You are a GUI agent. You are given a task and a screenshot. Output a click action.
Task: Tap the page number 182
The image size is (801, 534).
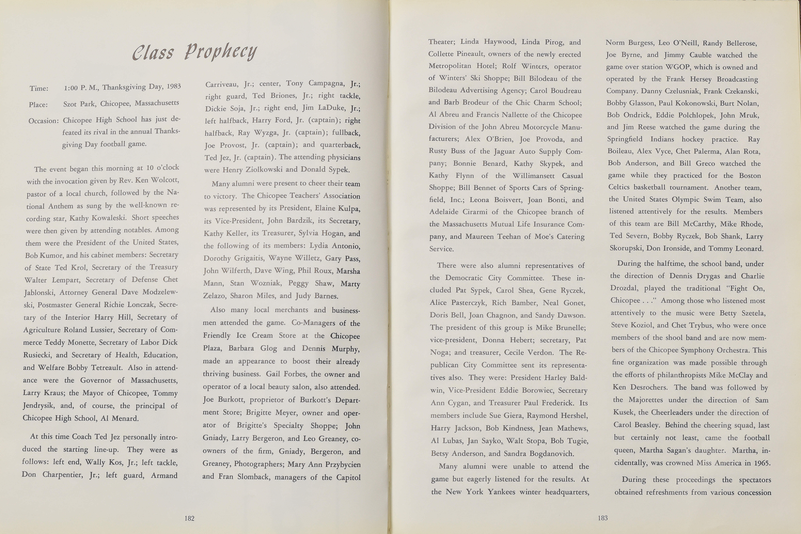189,518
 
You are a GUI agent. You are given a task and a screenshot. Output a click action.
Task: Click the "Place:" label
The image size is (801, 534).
38,105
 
